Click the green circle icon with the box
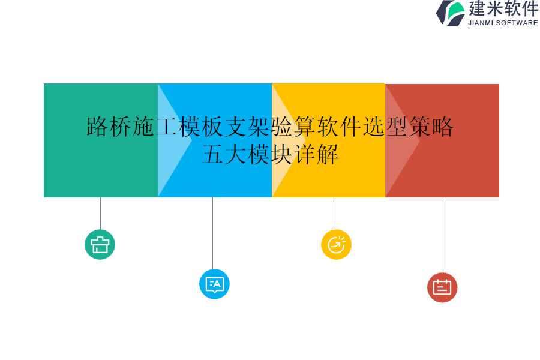(100, 245)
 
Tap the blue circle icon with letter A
(214, 284)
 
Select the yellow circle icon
(336, 245)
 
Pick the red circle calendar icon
(442, 287)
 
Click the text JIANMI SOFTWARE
(503, 23)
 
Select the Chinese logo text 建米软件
(503, 9)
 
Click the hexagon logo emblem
(451, 13)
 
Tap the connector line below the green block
(100, 213)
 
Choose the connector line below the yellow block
(335, 213)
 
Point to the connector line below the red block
(442, 235)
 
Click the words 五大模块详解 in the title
(271, 154)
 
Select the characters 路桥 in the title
(109, 127)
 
